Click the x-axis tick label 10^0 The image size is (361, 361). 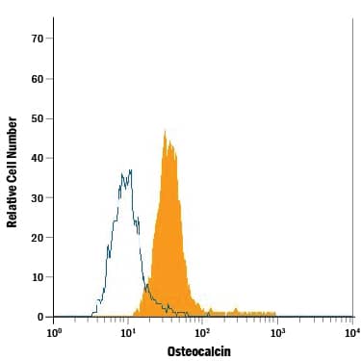tap(54, 332)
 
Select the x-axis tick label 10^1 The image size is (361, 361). tap(128, 332)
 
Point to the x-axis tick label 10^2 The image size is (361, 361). tap(203, 332)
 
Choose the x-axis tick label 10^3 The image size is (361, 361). tap(277, 332)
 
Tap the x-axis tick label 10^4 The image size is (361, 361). tap(351, 332)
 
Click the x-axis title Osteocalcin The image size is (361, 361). tap(199, 351)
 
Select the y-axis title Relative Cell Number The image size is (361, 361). tap(13, 172)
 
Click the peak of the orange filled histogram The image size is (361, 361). tap(165, 132)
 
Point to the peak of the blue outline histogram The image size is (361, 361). tap(130, 170)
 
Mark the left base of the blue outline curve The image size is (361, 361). tap(93, 315)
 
